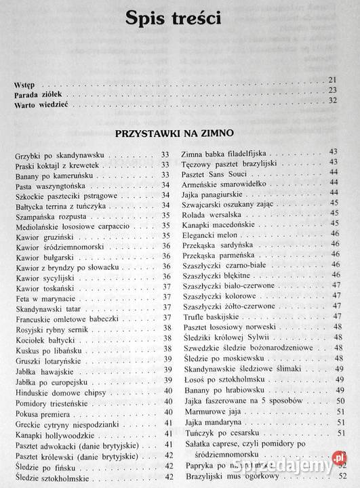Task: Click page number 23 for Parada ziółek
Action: [332, 90]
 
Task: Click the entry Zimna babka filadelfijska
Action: [226, 151]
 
